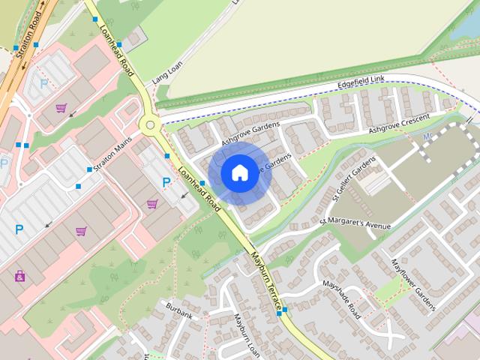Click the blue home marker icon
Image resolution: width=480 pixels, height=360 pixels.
(x=238, y=173)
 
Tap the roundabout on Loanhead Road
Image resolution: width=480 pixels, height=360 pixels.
(x=150, y=125)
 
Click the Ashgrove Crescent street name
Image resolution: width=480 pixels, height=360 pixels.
(x=399, y=124)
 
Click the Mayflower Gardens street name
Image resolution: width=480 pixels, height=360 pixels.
(x=413, y=285)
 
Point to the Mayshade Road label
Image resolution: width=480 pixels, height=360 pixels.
(x=341, y=299)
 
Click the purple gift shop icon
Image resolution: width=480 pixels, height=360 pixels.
(x=19, y=276)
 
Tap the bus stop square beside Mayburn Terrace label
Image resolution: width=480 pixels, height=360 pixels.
(x=284, y=310)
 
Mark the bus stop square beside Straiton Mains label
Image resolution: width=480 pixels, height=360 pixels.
(x=90, y=170)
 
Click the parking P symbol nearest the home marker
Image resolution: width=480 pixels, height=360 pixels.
(x=166, y=182)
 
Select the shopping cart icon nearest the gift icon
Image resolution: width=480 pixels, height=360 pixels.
(x=80, y=231)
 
